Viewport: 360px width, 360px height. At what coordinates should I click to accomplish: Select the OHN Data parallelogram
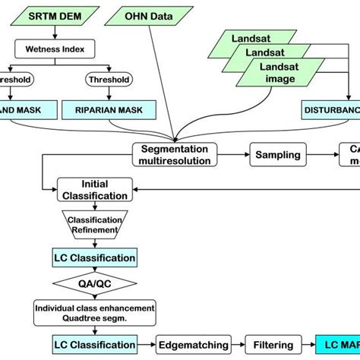[x=148, y=14]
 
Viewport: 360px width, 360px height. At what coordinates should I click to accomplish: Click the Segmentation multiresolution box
[x=174, y=154]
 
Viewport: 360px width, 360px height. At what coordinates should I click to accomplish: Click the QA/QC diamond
[x=95, y=284]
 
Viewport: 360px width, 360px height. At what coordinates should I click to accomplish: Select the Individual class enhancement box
[x=93, y=311]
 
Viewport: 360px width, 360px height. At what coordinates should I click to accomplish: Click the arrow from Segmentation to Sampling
[x=235, y=155]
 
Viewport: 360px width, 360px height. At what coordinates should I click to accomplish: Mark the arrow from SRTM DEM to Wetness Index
[x=49, y=34]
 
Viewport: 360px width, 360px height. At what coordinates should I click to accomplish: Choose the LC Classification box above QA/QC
[x=95, y=257]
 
